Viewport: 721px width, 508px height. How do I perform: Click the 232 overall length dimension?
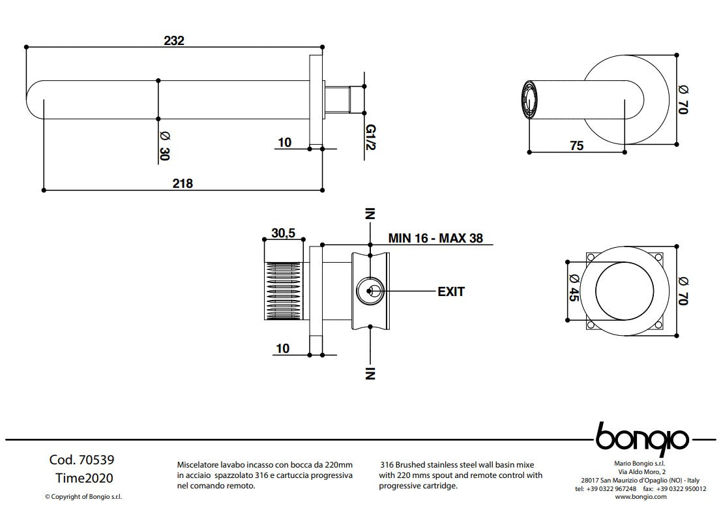174,40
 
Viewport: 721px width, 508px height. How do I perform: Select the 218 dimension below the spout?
183,183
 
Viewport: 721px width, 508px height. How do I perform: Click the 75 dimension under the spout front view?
576,146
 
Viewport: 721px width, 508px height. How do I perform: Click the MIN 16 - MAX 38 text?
435,238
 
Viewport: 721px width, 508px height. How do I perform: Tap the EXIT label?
450,291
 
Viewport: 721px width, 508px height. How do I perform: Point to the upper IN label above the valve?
370,215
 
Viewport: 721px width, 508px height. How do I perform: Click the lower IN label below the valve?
370,372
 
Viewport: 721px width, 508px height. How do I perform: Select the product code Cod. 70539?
77,460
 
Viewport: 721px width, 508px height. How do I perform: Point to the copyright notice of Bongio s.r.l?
78,496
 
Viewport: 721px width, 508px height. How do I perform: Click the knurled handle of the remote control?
284,291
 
